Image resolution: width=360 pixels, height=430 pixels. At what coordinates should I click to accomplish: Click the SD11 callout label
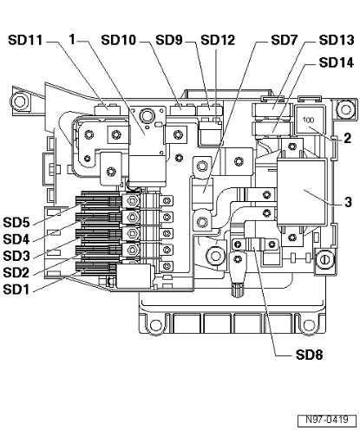(25, 40)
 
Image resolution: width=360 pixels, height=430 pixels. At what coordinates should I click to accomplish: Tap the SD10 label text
(119, 40)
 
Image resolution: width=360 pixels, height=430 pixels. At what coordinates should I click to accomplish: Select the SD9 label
(169, 40)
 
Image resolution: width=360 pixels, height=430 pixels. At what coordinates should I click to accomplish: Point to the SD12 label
(218, 40)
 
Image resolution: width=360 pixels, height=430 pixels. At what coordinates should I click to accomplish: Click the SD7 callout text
(284, 40)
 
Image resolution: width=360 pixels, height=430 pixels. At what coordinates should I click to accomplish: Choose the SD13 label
(337, 40)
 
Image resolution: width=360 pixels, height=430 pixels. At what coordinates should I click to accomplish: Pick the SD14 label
(337, 62)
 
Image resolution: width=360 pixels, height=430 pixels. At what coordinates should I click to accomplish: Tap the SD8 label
(309, 355)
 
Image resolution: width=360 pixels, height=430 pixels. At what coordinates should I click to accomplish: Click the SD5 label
(16, 223)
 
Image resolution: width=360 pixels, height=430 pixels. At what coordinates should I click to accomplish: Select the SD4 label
(16, 239)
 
